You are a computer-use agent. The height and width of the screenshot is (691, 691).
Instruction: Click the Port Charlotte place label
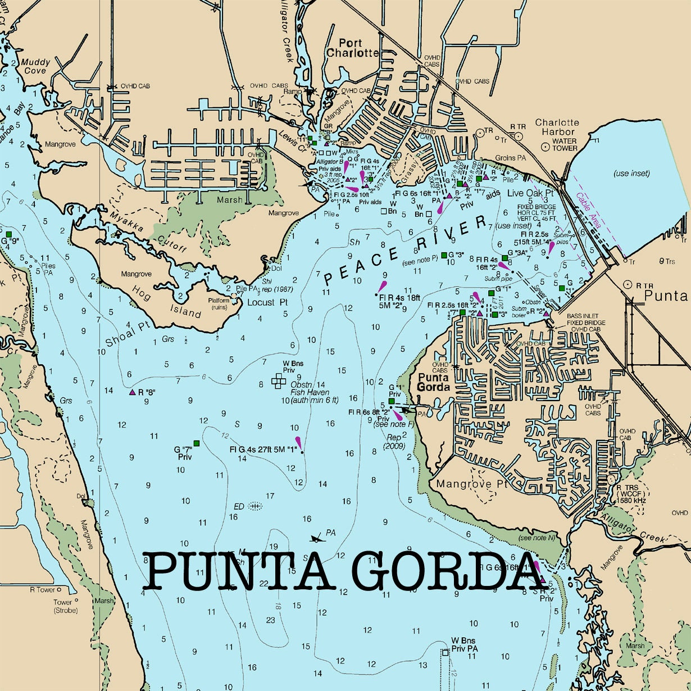[x=352, y=48]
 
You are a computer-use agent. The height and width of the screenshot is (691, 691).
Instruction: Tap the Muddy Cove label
[x=36, y=66]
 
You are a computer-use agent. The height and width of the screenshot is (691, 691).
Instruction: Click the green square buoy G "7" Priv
[x=196, y=443]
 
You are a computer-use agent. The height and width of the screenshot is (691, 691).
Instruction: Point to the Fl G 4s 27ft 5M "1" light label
[x=263, y=449]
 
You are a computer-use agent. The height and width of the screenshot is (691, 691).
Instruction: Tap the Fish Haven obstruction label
[x=310, y=392]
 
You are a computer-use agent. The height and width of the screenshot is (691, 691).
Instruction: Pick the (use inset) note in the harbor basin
[x=631, y=173]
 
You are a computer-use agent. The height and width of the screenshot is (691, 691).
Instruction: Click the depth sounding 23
[x=271, y=620]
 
